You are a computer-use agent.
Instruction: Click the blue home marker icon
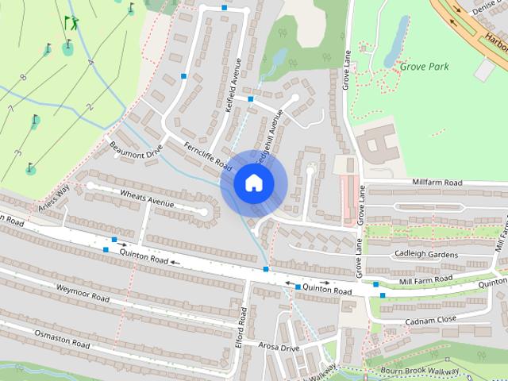click(253, 183)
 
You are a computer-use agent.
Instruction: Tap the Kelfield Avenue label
click(235, 84)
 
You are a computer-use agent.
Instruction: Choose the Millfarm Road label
click(437, 183)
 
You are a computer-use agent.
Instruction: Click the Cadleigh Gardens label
click(426, 254)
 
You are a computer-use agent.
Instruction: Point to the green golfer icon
click(71, 23)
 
